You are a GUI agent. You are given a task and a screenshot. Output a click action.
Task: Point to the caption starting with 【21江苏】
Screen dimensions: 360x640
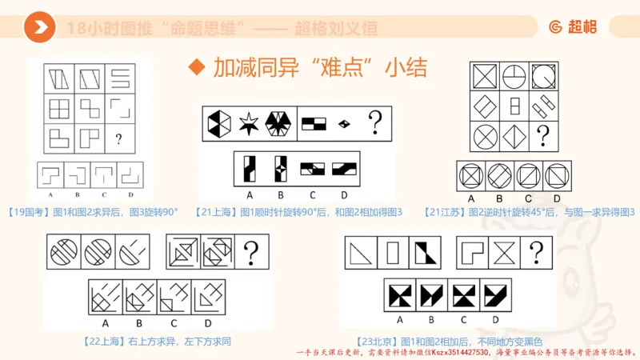pyautogui.click(x=529, y=211)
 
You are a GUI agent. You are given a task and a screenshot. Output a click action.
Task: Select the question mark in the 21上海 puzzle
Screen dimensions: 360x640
pyautogui.click(x=374, y=123)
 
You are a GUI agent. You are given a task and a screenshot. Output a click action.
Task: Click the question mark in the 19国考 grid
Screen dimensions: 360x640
pyautogui.click(x=118, y=139)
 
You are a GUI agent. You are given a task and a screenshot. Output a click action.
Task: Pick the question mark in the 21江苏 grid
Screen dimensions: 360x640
pyautogui.click(x=543, y=134)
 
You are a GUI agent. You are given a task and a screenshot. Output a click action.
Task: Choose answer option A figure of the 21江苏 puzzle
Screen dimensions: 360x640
pyautogui.click(x=471, y=175)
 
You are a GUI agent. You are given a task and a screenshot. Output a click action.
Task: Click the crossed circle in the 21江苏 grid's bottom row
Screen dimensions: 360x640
pyautogui.click(x=482, y=134)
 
